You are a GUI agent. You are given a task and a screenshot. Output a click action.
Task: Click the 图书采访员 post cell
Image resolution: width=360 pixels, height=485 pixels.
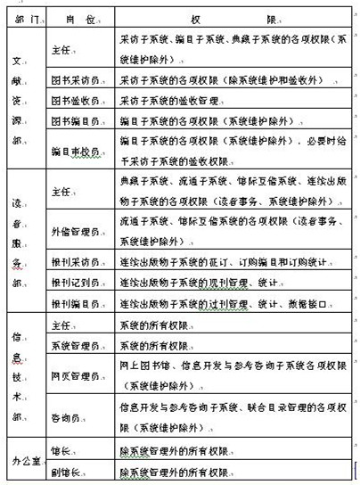(x=74, y=78)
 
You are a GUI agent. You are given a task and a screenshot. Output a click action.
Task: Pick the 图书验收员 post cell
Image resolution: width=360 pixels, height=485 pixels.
(x=74, y=99)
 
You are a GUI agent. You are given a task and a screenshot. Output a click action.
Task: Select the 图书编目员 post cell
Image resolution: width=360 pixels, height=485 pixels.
(x=74, y=121)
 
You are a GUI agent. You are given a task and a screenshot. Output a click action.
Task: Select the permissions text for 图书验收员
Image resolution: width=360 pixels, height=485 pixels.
(x=169, y=99)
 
